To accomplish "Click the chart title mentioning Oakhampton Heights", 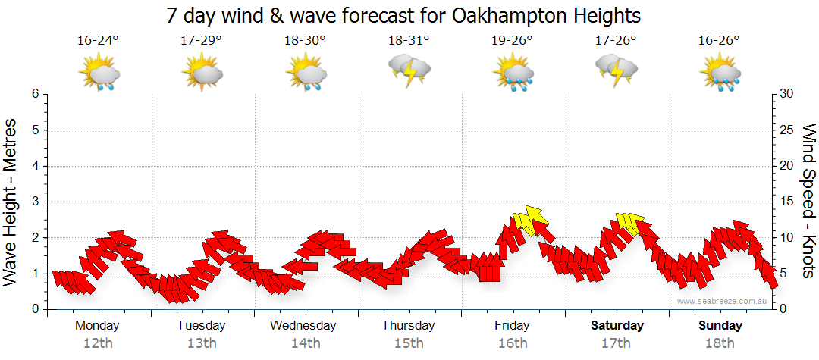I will [403, 15].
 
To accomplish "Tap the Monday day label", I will [97, 326].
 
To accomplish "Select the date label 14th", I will [305, 343].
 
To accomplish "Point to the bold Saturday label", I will [617, 326].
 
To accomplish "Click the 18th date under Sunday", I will [720, 343].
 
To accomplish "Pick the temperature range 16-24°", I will [97, 41].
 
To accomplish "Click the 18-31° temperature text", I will [409, 41].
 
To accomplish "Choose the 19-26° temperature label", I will [513, 41].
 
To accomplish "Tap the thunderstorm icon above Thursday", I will [409, 71].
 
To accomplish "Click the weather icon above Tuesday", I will [202, 74].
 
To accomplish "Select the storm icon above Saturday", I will [617, 70].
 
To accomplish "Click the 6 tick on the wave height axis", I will [35, 94].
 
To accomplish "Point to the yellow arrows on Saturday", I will [629, 222].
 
